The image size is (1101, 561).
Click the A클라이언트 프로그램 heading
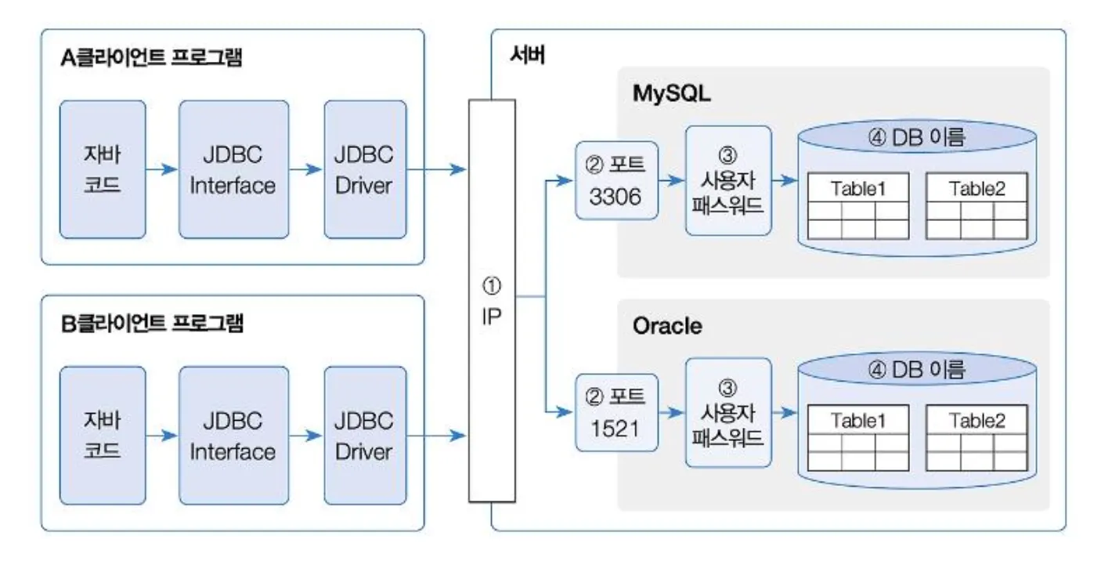[x=150, y=60]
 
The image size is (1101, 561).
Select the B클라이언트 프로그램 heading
[x=152, y=324]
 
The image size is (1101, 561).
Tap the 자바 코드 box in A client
[x=103, y=169]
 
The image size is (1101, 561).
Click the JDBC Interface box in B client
[x=233, y=436]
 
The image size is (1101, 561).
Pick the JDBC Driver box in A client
[x=364, y=169]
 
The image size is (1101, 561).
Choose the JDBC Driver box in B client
[x=364, y=436]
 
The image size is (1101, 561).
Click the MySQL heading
[x=671, y=95]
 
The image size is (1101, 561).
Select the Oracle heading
[x=666, y=326]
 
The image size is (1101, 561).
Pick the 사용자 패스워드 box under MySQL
[x=728, y=180]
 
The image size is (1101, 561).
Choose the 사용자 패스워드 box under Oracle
[x=728, y=413]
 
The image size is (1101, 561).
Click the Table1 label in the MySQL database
[x=858, y=188]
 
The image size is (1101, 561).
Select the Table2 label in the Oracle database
[x=976, y=420]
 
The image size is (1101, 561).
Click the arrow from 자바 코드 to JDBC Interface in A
[x=161, y=169]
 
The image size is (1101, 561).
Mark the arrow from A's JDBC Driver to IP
[x=437, y=169]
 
